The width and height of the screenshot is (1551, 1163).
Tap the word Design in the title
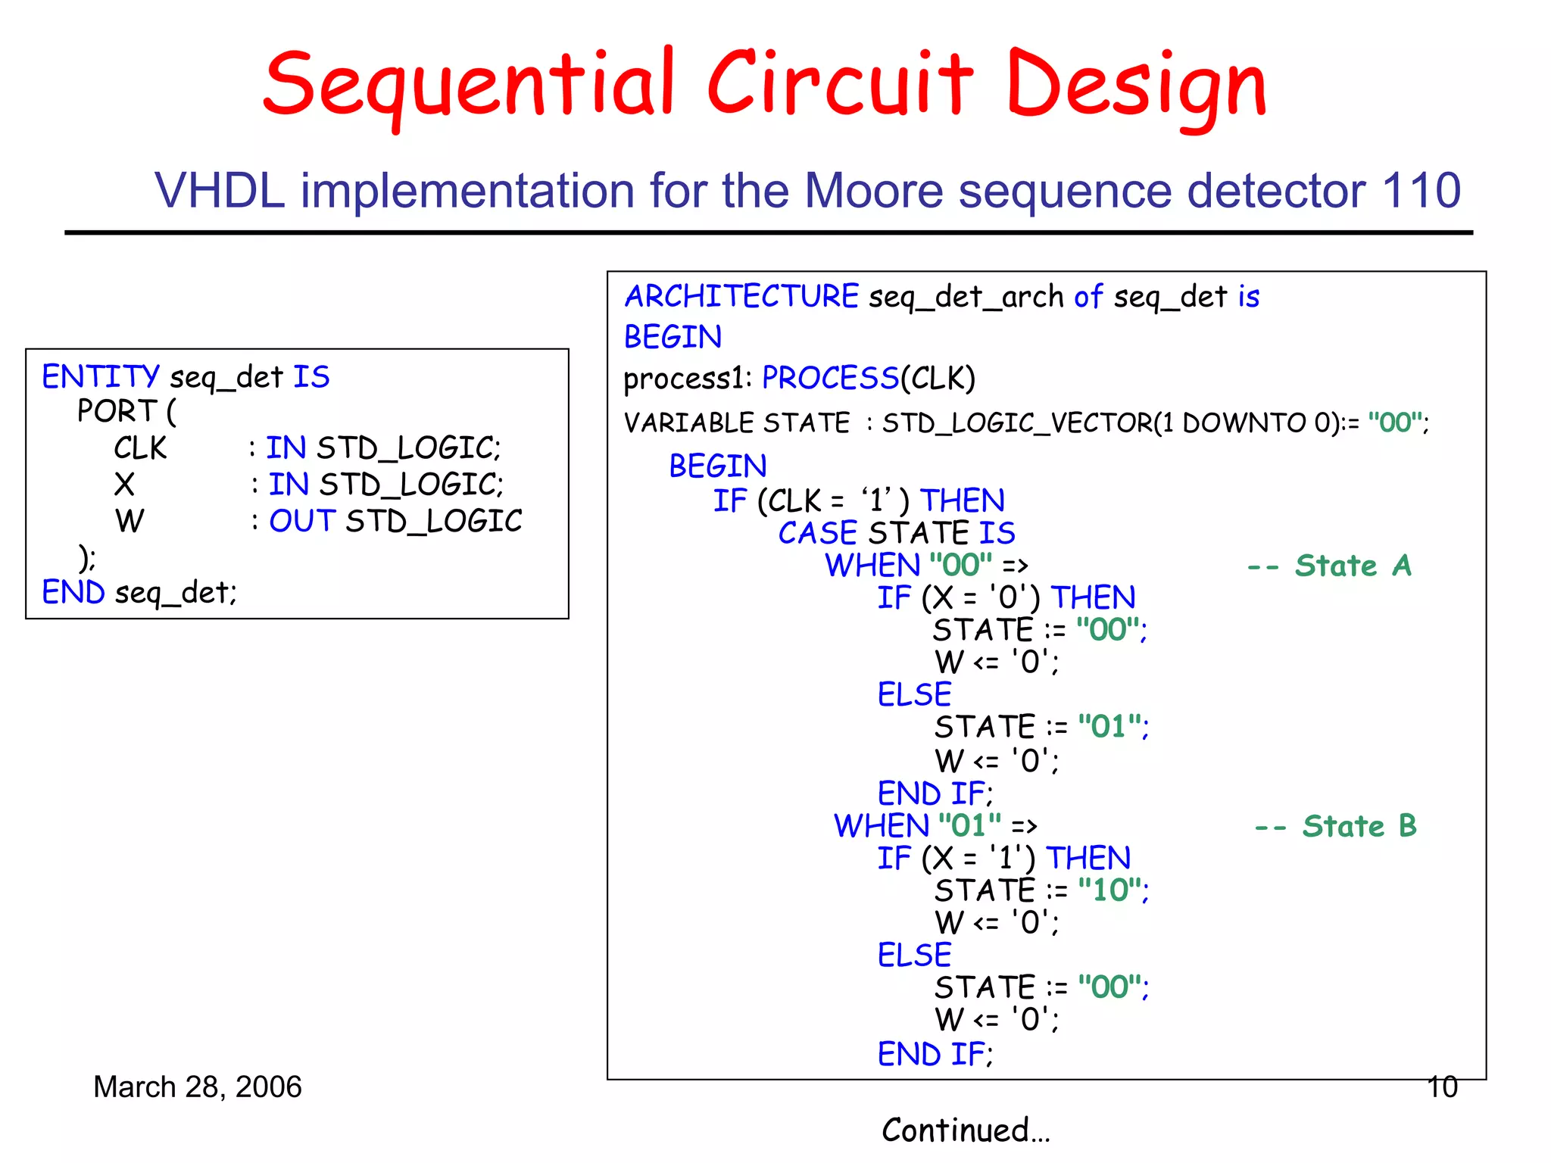point(1136,85)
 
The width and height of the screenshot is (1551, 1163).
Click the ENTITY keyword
point(100,376)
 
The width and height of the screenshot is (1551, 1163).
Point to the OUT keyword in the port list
point(302,521)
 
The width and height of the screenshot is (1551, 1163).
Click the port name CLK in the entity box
point(140,448)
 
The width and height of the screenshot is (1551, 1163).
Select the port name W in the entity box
point(130,521)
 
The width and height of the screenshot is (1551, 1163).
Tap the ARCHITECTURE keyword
point(741,296)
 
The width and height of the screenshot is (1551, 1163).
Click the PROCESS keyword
point(830,378)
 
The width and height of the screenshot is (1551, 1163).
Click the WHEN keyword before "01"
point(881,826)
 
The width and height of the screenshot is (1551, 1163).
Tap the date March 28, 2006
point(197,1087)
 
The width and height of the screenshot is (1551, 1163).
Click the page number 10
point(1442,1087)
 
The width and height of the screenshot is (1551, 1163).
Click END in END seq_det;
point(73,592)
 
